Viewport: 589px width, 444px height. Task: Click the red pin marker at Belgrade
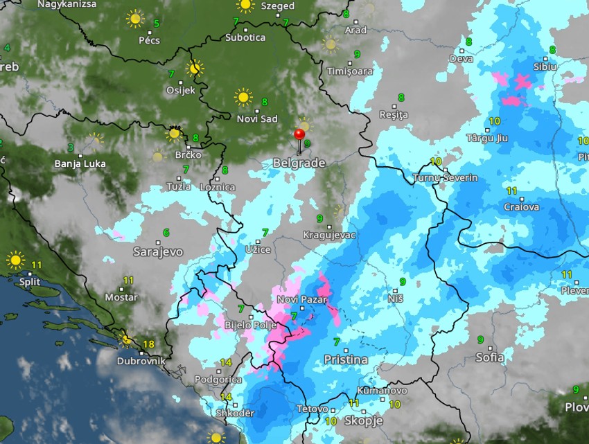tap(299, 134)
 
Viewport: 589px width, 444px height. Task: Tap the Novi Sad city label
tap(257, 118)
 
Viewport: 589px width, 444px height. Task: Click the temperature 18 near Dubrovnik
tap(148, 344)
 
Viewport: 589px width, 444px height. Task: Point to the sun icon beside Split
tap(15, 260)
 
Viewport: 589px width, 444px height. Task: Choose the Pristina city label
tap(345, 359)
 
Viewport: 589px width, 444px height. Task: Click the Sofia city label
tap(490, 357)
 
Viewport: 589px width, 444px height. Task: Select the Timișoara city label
tap(350, 71)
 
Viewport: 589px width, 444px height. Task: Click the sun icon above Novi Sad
tap(243, 96)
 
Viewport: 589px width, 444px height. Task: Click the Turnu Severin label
tap(445, 178)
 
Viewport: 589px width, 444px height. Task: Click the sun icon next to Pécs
tap(134, 19)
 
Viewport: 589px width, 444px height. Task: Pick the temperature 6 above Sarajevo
tap(166, 232)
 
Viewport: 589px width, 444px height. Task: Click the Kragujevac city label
tap(329, 236)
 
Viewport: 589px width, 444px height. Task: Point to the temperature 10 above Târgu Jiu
tap(494, 121)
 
